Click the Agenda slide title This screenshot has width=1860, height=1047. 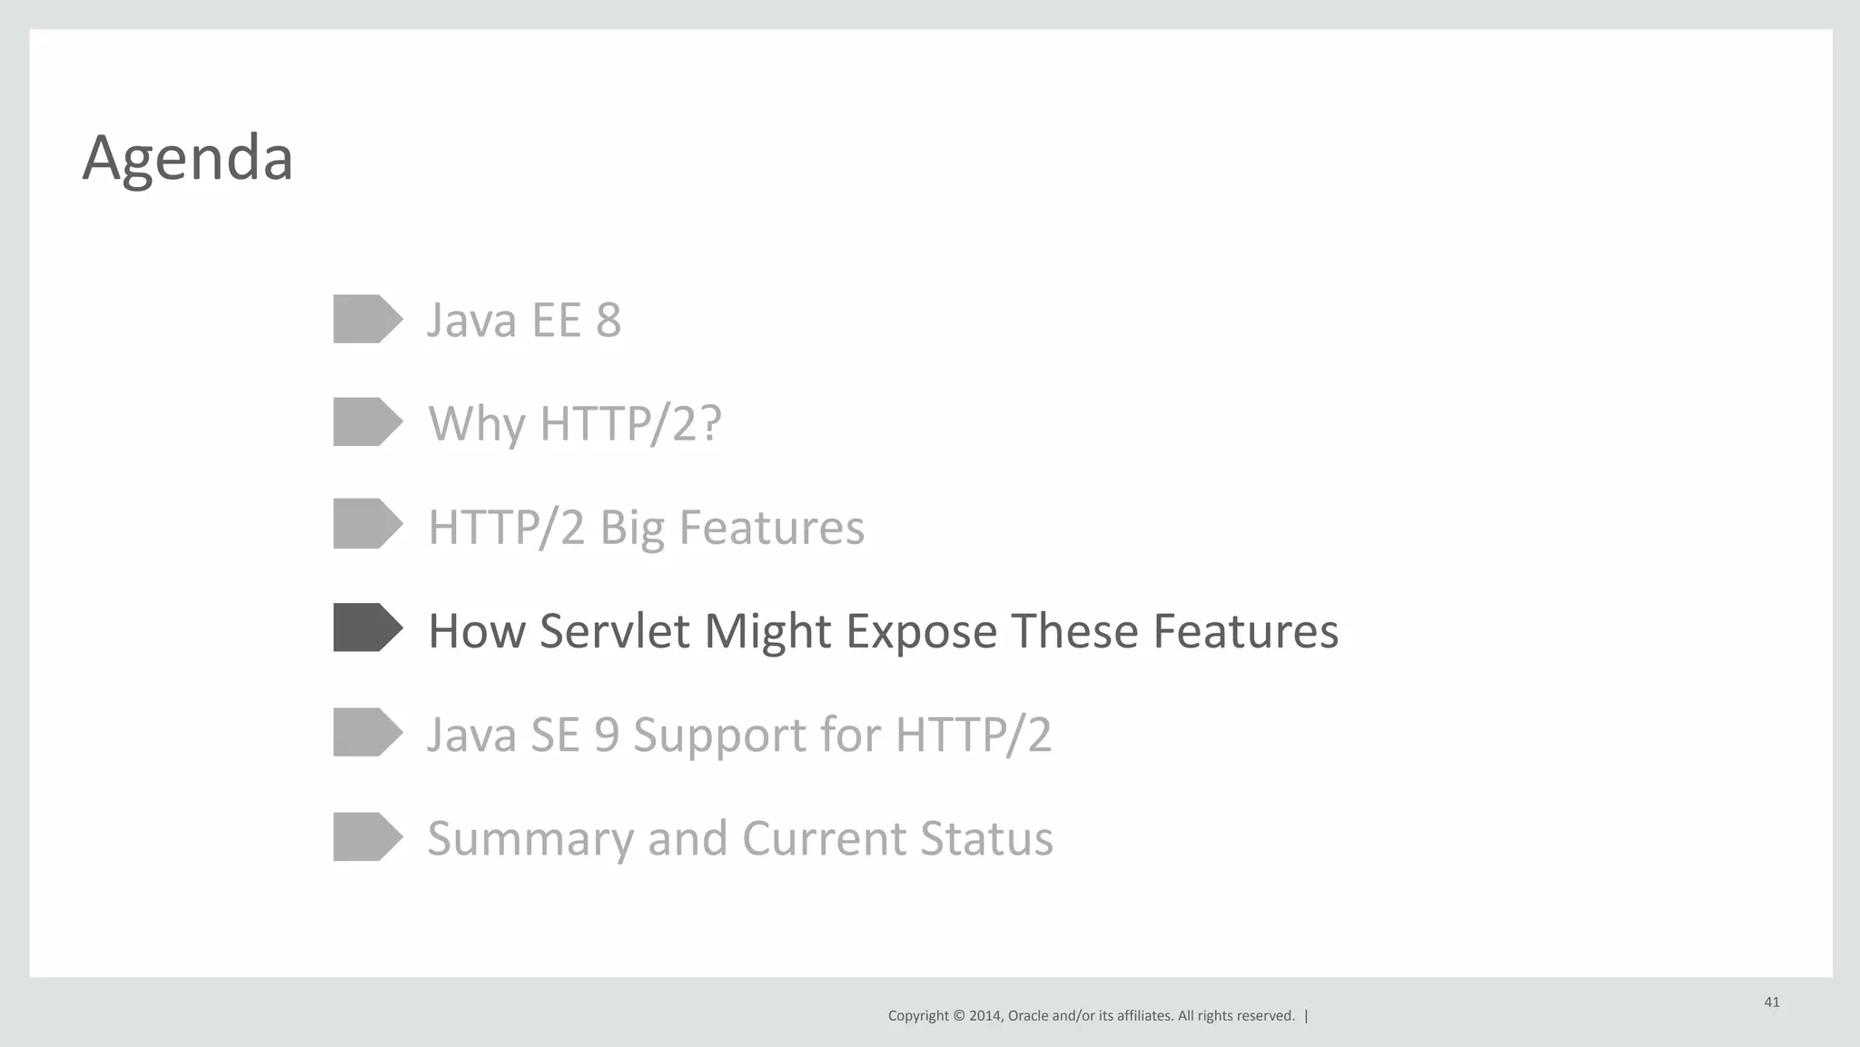(187, 159)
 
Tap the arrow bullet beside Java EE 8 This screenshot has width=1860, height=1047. (366, 319)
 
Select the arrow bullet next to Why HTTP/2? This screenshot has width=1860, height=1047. (366, 421)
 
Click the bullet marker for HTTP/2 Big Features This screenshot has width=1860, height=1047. (366, 523)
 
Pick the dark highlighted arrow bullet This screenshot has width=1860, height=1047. (366, 627)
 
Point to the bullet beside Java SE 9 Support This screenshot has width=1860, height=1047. (366, 732)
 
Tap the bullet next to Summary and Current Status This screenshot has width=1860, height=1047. (366, 836)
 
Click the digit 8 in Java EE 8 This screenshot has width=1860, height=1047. (608, 320)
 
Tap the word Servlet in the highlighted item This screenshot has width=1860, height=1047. (614, 631)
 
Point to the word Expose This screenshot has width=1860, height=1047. (921, 631)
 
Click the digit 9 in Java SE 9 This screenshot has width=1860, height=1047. (607, 735)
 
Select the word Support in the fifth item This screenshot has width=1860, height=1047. (719, 735)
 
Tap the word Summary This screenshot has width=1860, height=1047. (530, 838)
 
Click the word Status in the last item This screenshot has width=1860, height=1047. (986, 838)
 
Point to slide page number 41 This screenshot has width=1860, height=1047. (1772, 1003)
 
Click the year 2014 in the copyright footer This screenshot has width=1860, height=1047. (985, 1016)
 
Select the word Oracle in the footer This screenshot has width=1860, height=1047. (1027, 1016)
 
